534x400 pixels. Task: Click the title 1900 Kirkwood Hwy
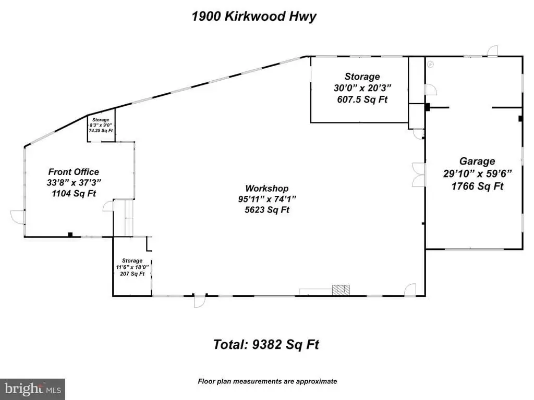pos(254,16)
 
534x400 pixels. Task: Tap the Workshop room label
pos(267,189)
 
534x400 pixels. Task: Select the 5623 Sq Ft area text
pos(267,210)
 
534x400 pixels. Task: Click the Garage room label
pos(477,161)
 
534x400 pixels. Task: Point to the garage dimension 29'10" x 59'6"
pos(477,173)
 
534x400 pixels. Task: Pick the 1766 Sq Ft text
pos(477,186)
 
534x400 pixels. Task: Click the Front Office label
pos(74,172)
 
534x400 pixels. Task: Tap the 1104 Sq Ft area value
pos(74,194)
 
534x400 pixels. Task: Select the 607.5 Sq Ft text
pos(362,99)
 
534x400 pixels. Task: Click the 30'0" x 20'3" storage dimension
pos(362,88)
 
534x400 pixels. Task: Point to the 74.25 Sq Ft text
pos(101,131)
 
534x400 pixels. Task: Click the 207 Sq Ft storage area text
pos(132,274)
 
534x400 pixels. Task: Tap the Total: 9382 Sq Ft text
pos(266,344)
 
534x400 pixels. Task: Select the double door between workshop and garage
pos(418,174)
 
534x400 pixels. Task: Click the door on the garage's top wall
pos(492,51)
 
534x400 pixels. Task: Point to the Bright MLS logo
pos(32,389)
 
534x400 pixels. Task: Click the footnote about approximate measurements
pos(267,381)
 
